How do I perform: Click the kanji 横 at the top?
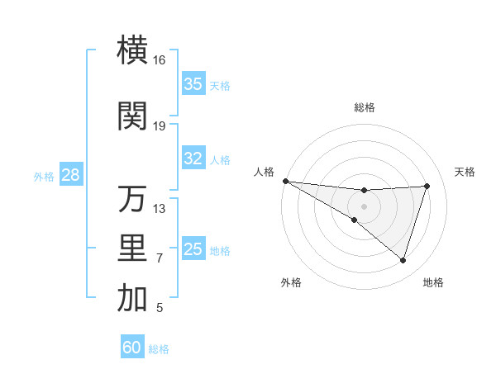click(132, 51)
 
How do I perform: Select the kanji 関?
click(132, 116)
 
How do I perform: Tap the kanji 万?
click(132, 199)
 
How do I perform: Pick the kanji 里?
click(132, 249)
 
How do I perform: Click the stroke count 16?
click(159, 60)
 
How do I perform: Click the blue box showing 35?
click(193, 84)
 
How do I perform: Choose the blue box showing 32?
click(193, 159)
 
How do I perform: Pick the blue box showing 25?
click(193, 250)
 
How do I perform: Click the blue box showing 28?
click(70, 176)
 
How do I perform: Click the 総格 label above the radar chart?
click(364, 107)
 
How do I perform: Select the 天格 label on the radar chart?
click(465, 172)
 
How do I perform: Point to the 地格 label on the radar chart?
click(433, 283)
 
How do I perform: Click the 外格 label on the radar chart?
click(291, 283)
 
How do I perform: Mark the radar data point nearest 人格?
click(285, 181)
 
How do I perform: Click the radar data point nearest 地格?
click(403, 261)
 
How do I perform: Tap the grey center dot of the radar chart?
click(364, 205)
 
